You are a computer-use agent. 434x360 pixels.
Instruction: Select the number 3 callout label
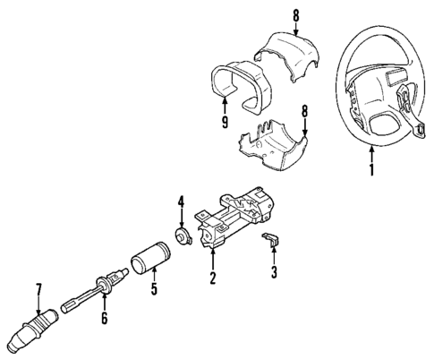(274, 272)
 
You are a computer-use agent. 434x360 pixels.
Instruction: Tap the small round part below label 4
(183, 237)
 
